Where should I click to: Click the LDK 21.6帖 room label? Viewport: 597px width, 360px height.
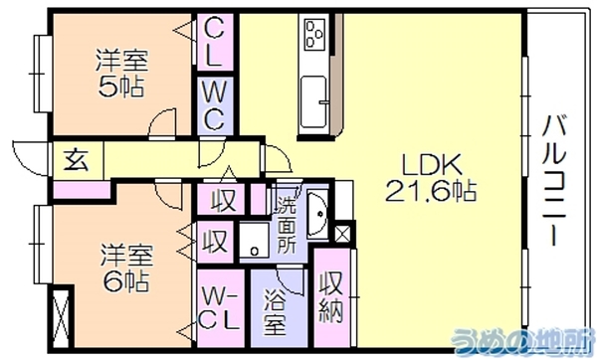click(x=431, y=178)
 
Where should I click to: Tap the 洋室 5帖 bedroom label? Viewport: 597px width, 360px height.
click(x=121, y=73)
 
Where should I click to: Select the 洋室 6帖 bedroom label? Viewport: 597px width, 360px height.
click(x=126, y=269)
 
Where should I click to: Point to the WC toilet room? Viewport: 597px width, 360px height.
click(x=214, y=106)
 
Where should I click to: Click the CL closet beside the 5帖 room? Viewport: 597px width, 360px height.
click(x=214, y=42)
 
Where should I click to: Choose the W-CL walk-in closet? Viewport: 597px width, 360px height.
click(x=220, y=308)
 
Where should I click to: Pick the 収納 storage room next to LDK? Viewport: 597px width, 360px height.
click(x=331, y=297)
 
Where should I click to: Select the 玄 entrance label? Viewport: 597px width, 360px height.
click(x=77, y=160)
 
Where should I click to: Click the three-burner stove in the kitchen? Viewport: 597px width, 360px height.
click(x=314, y=35)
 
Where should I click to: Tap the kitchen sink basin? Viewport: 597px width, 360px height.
click(x=313, y=102)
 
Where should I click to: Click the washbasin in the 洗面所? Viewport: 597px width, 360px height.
click(x=317, y=214)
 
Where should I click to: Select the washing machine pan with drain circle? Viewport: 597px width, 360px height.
click(x=255, y=241)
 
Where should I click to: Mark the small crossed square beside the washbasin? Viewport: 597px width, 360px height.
click(x=342, y=234)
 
